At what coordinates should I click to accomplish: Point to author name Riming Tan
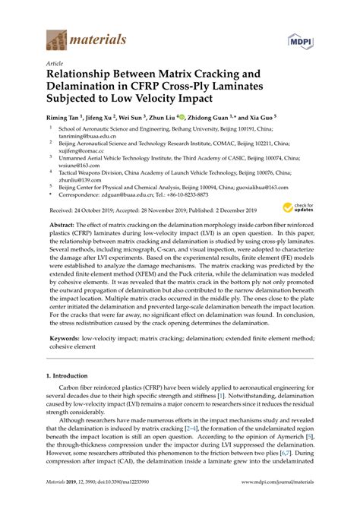[x=67, y=119]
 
